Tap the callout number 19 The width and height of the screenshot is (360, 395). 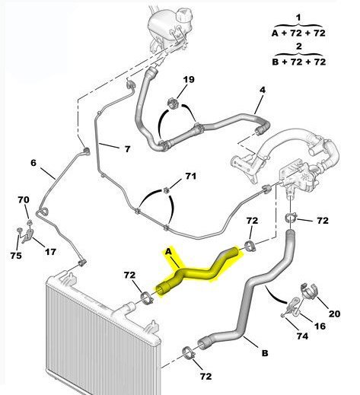189,79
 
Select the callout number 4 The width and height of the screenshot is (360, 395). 263,90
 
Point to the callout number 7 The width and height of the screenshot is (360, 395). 127,148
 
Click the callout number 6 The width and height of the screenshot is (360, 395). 33,163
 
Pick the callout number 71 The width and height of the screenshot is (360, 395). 190,176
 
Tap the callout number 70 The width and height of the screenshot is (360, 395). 24,199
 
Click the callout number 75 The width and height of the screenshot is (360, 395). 16,255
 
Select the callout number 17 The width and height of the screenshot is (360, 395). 50,252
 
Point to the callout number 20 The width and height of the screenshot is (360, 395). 334,314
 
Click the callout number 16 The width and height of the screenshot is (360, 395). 320,326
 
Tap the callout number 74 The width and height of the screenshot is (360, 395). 302,336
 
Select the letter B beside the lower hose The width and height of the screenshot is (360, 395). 265,353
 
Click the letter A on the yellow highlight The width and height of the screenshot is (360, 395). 168,252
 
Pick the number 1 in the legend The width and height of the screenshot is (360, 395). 298,18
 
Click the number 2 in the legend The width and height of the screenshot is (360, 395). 298,46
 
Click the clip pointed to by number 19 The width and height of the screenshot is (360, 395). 174,103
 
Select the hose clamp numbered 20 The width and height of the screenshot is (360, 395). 309,291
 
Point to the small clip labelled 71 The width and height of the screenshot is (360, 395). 166,190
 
